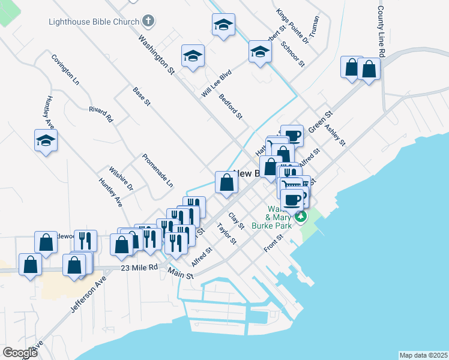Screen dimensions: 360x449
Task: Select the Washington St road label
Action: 156,54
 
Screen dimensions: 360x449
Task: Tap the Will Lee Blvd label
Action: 217,83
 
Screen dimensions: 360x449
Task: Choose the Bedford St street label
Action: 231,106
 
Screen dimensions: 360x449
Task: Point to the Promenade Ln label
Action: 157,170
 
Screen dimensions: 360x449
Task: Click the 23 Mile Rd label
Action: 139,267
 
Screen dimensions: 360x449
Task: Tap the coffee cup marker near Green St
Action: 292,136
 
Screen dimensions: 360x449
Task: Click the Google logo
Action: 20,352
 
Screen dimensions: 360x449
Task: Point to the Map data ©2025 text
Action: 423,355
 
